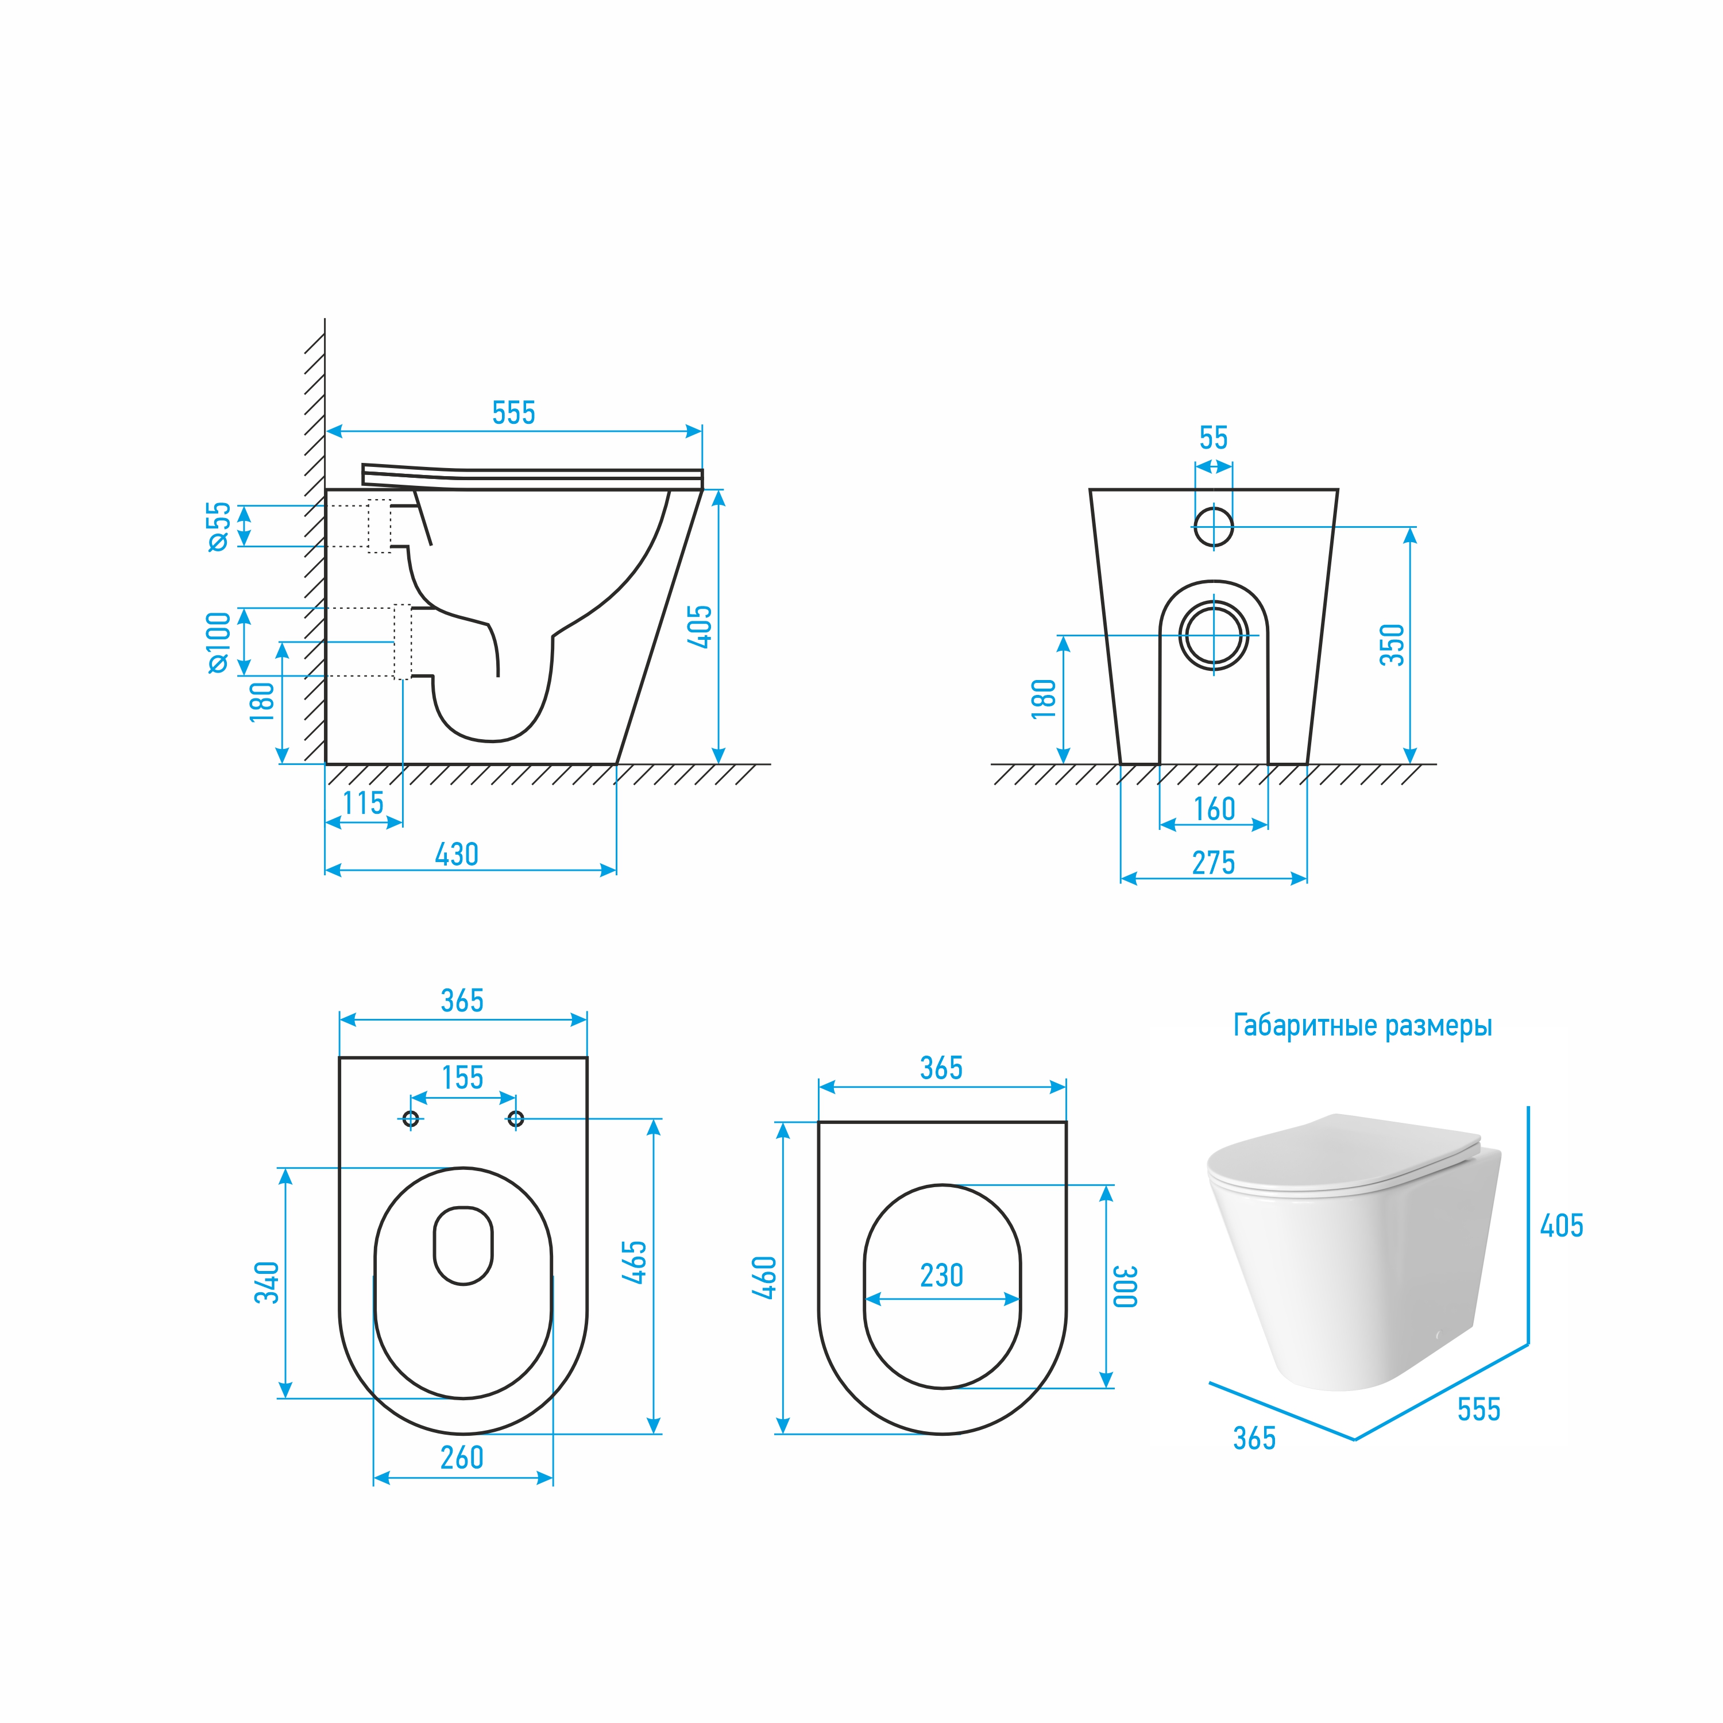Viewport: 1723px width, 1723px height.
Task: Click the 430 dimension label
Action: [457, 855]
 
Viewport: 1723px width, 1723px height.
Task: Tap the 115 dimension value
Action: [363, 803]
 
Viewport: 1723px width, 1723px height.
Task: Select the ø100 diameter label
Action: [218, 642]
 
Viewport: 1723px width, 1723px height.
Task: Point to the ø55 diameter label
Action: [218, 526]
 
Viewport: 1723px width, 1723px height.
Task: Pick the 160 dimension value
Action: [1214, 809]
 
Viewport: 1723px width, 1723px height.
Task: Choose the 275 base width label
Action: [1214, 863]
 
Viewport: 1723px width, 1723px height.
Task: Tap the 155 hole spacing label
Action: [463, 1077]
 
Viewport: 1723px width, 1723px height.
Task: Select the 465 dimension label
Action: [633, 1262]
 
